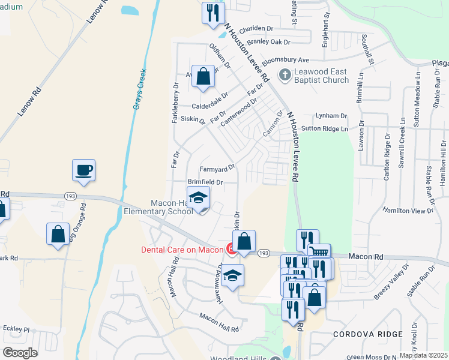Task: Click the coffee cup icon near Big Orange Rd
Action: (x=83, y=170)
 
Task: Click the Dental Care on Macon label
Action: (x=182, y=249)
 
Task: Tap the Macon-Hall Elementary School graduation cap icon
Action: (x=199, y=197)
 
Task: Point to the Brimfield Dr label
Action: (x=205, y=181)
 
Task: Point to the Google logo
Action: (x=20, y=353)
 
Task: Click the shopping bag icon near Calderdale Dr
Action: (x=203, y=76)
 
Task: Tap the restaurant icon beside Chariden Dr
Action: (x=213, y=13)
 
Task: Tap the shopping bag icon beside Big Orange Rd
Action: (x=58, y=234)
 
